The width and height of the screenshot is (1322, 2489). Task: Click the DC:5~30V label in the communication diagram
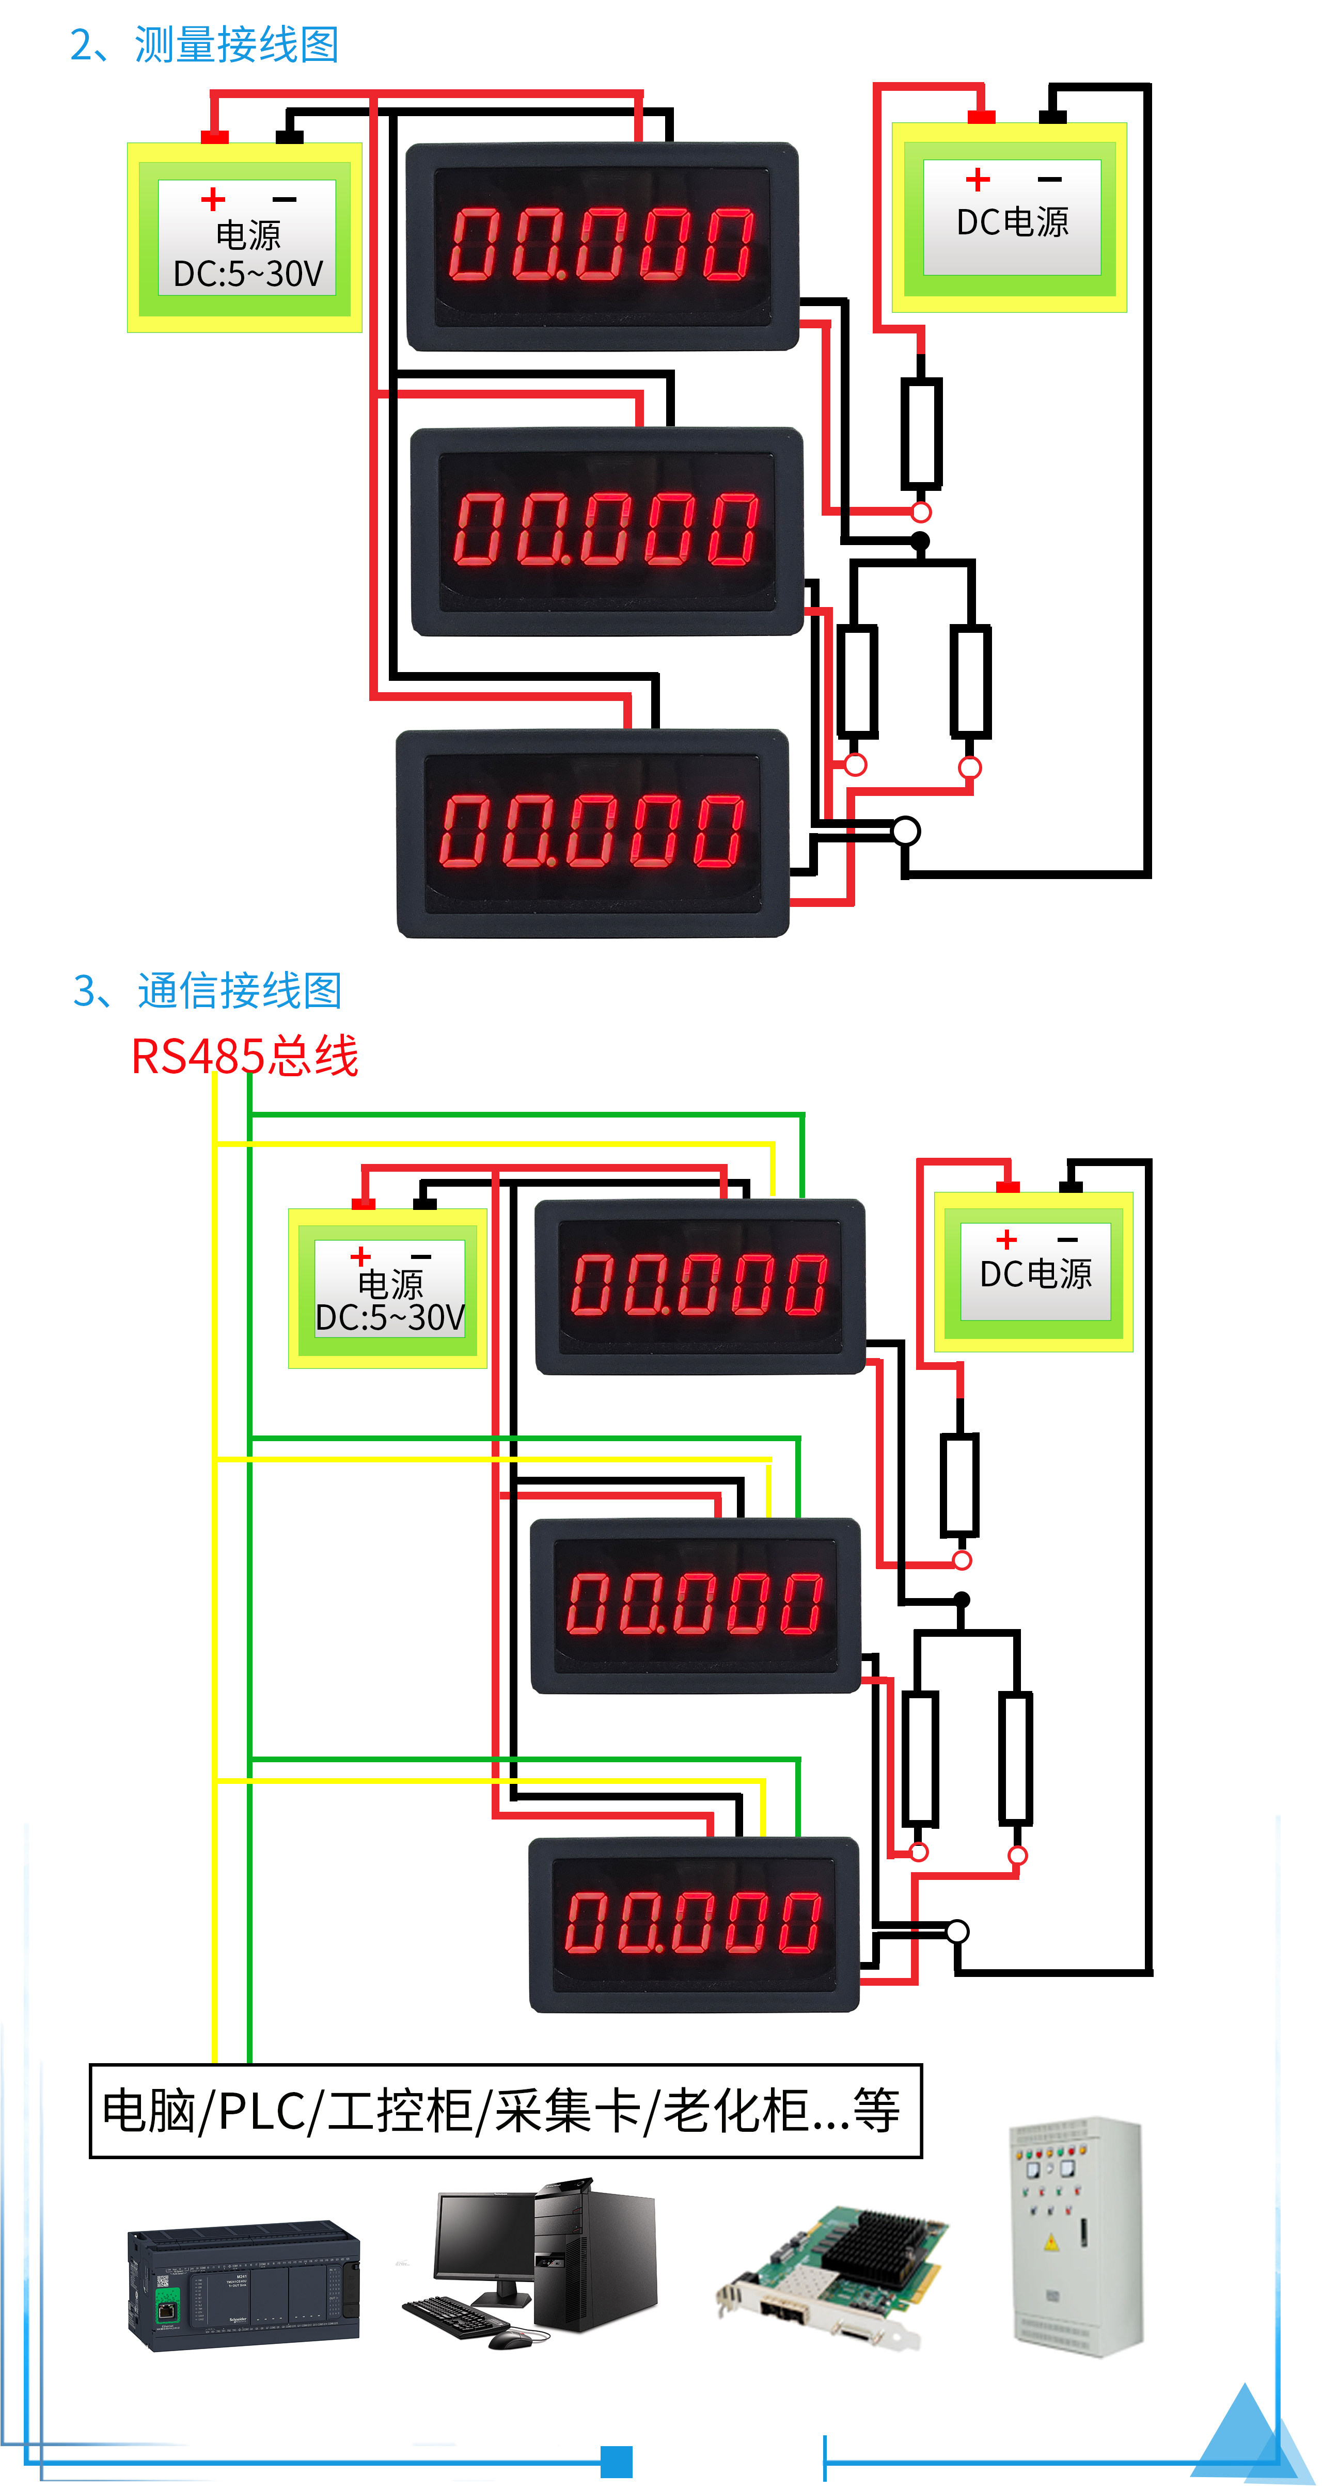tap(390, 1317)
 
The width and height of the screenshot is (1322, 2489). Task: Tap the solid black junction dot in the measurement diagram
tap(921, 541)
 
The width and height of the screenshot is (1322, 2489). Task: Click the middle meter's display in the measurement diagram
tap(607, 530)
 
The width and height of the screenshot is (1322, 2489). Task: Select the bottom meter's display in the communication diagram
tap(693, 1923)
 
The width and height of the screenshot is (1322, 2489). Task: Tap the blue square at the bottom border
tap(617, 2461)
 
